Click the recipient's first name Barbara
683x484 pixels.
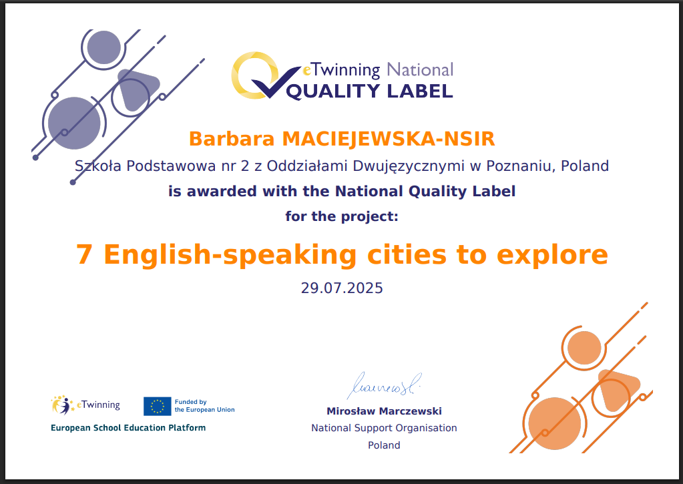[232, 139]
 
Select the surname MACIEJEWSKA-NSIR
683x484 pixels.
[389, 139]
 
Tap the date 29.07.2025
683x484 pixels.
[342, 288]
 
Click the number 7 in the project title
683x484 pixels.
[84, 254]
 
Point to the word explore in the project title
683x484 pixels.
[552, 255]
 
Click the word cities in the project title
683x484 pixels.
[407, 254]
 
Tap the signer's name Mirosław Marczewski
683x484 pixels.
[384, 411]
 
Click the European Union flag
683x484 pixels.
[158, 406]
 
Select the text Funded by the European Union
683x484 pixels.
[205, 406]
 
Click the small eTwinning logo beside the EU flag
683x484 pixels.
[85, 405]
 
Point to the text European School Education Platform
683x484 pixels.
[128, 428]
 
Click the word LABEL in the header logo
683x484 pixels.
[420, 91]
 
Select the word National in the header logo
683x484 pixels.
[420, 69]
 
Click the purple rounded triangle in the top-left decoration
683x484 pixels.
[136, 89]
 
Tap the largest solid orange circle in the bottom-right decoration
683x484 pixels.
[555, 423]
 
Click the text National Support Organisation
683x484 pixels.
[384, 428]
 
